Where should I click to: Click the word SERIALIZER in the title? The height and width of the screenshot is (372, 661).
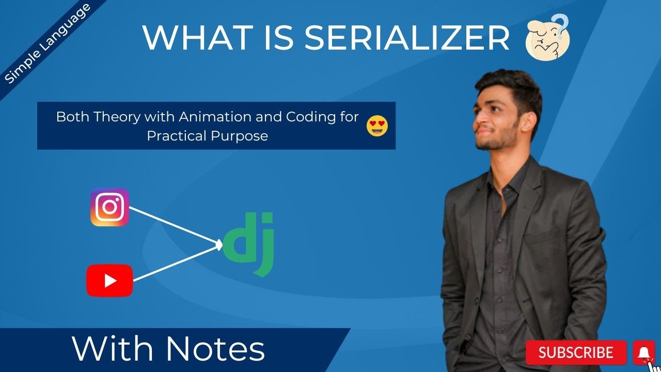tap(407, 38)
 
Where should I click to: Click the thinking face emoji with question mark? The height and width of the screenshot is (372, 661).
tap(548, 37)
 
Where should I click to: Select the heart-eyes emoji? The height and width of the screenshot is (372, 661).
tap(377, 126)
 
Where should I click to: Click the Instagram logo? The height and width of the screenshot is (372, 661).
tap(109, 207)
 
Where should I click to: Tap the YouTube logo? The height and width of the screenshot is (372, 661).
tap(109, 281)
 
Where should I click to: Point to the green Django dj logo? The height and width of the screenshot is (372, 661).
tap(248, 244)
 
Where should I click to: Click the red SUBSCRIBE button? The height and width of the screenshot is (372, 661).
tap(576, 352)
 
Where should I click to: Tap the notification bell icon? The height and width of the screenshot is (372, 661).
tap(644, 353)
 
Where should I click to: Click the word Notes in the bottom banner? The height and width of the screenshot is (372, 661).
tap(215, 349)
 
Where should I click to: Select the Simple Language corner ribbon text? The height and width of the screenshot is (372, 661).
tap(47, 44)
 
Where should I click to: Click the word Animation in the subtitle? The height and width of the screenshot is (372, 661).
tap(215, 117)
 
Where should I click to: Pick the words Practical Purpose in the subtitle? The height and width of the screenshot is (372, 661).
tap(208, 136)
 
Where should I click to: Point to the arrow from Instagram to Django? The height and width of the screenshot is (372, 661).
tap(176, 226)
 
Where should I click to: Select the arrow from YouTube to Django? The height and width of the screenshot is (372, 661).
tap(178, 263)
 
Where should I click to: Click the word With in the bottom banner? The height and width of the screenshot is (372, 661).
tap(112, 349)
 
